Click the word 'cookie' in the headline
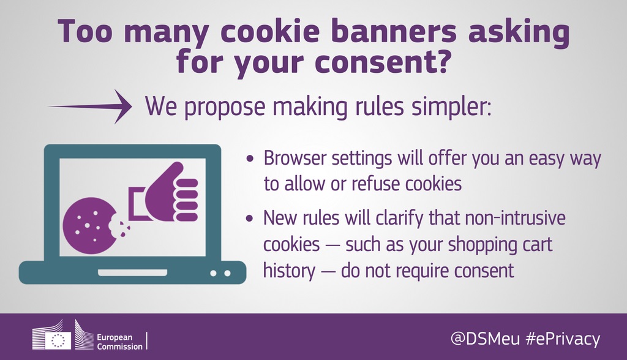coord(270,31)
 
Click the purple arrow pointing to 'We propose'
coord(90,107)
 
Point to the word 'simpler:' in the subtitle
coord(452,107)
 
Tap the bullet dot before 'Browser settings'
coord(250,159)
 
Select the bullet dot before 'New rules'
coord(250,219)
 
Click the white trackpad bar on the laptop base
coord(133,273)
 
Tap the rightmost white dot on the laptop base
coord(227,273)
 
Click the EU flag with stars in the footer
coord(58,340)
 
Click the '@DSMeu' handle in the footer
coord(485,339)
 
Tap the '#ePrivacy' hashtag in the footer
coord(563,339)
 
